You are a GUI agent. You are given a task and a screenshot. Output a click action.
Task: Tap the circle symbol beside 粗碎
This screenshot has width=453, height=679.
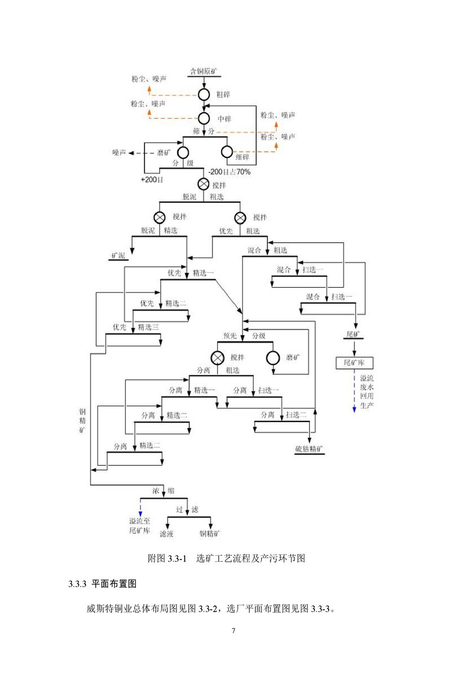click(x=203, y=94)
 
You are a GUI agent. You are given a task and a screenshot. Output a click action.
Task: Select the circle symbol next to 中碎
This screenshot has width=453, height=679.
click(x=203, y=118)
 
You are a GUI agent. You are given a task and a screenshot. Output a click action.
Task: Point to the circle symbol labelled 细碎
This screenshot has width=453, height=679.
click(x=226, y=152)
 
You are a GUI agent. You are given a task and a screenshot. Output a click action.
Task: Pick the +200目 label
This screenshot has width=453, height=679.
click(x=152, y=179)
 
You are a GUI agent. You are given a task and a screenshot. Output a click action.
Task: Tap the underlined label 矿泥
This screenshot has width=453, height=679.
click(x=119, y=256)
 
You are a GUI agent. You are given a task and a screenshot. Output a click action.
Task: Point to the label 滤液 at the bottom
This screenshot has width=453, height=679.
click(x=166, y=534)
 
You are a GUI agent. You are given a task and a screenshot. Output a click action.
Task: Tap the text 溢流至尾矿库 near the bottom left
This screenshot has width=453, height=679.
click(x=140, y=526)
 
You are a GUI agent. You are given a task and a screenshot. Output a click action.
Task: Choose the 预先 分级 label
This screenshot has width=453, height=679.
click(x=244, y=336)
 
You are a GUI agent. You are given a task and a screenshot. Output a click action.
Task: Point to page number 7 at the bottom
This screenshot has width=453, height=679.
click(x=233, y=631)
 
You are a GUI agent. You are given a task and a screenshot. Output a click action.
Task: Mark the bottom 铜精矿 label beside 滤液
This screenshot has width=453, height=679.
click(x=210, y=534)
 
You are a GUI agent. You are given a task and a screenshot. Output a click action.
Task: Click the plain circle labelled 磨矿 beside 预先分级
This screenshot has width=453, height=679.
click(x=273, y=358)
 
